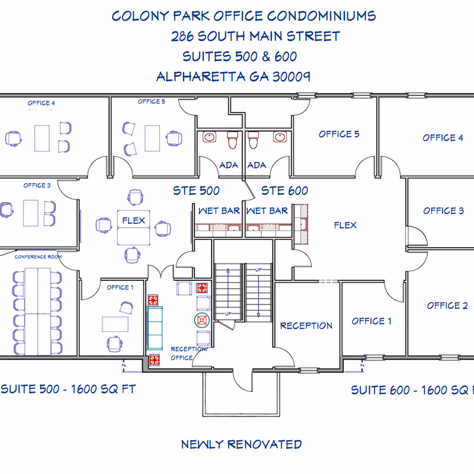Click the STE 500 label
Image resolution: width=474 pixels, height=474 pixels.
196,191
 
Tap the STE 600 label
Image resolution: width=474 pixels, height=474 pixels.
284,191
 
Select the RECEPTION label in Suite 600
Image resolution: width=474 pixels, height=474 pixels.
306,325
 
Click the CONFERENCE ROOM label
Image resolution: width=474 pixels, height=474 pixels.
39,257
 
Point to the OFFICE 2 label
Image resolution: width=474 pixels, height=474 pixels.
447,306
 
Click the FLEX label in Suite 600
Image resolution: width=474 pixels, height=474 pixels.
345,225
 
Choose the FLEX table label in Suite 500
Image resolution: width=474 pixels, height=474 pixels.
134,220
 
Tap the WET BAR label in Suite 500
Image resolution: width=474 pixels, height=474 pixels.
219,210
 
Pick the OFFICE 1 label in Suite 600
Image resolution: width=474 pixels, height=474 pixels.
371,321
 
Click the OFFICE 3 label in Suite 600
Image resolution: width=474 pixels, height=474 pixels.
443,210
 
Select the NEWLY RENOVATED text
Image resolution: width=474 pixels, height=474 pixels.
241,444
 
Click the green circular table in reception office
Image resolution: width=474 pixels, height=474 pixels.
203,320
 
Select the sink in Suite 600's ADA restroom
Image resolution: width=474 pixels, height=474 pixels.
280,137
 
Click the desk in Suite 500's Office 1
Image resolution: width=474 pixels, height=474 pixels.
115,324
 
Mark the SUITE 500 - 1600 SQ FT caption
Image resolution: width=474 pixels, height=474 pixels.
69,389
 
